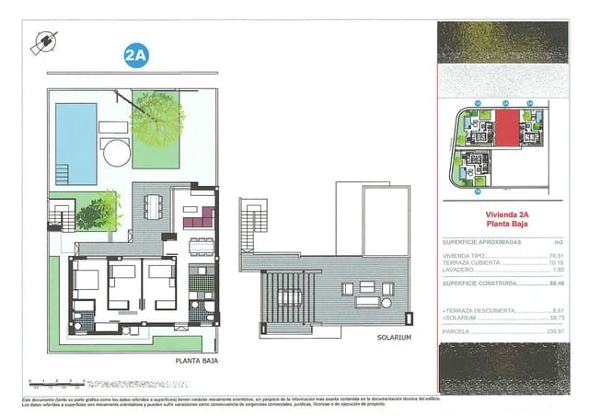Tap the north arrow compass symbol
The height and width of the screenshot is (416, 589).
pyautogui.click(x=43, y=41)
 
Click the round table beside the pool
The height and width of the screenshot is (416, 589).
pyautogui.click(x=117, y=151)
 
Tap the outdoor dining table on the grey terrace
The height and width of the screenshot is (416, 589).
pyautogui.click(x=153, y=207)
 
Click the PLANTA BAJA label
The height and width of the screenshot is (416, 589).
pyautogui.click(x=194, y=362)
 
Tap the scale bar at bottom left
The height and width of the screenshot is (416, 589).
pyautogui.click(x=55, y=380)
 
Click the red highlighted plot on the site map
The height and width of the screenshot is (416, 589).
pyautogui.click(x=508, y=129)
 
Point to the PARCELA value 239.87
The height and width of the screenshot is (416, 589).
pyautogui.click(x=552, y=331)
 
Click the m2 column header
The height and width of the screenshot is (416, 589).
pyautogui.click(x=555, y=241)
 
